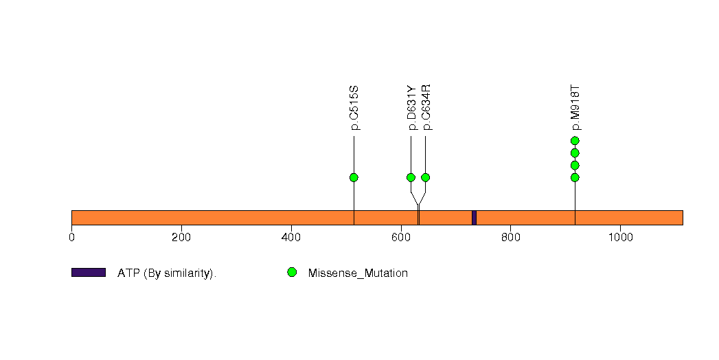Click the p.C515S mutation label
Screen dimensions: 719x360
pos(354,108)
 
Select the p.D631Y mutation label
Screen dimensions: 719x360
pos(411,108)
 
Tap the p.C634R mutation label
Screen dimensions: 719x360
pos(426,107)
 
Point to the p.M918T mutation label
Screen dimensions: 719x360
pos(575,108)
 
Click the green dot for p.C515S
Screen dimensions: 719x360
pos(354,177)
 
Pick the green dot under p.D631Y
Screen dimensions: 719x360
pos(411,177)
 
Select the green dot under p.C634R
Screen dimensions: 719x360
pos(426,177)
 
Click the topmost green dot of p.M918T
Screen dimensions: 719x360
pos(575,141)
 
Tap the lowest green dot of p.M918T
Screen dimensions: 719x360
pos(575,177)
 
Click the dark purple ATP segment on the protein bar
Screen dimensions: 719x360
pos(474,218)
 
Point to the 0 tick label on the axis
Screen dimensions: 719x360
pos(71,238)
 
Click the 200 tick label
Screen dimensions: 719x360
pos(181,238)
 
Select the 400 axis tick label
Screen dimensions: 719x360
pos(291,238)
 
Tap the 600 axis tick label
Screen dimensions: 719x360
pos(401,238)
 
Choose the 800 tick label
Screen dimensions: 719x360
pos(510,238)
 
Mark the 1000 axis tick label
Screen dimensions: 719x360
pos(620,238)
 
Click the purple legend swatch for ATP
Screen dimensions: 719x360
pos(89,273)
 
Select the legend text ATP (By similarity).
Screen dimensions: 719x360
pos(167,273)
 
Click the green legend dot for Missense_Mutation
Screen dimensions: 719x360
pos(292,273)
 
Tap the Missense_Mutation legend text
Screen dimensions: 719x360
pos(358,273)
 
